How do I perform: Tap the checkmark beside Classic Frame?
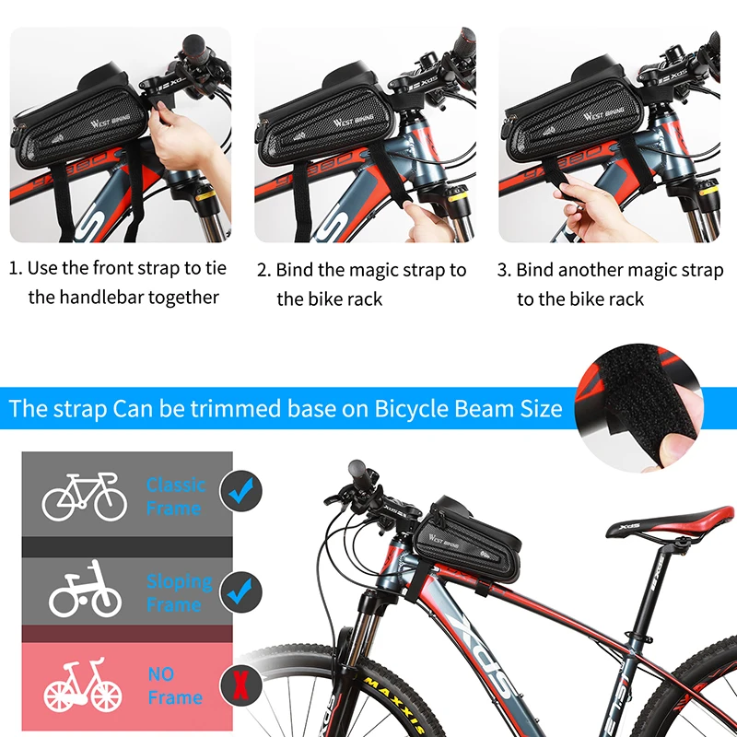point(241,491)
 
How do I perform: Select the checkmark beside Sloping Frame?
point(240,592)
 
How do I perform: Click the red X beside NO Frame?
point(240,684)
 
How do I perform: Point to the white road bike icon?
point(85,497)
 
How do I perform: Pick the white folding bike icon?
point(85,589)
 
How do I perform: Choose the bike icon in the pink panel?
point(83,685)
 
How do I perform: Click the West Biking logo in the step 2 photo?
point(354,121)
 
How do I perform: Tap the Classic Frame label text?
point(176,497)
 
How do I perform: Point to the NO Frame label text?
point(175,685)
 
